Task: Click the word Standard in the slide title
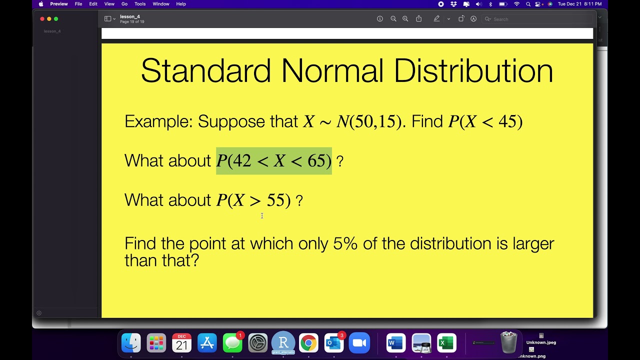pos(205,71)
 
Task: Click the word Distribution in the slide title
pos(473,71)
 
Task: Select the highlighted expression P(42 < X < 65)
pos(274,161)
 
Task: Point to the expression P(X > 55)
pos(253,200)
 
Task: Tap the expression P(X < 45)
pos(485,121)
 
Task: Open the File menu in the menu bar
pos(78,4)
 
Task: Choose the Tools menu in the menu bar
pos(140,4)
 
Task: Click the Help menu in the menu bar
pos(181,4)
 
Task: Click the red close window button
pos(42,19)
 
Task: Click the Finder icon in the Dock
pos(131,343)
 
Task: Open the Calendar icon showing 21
pos(181,343)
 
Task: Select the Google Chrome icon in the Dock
pos(308,343)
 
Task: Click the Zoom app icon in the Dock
pos(359,343)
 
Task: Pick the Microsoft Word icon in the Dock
pos(395,343)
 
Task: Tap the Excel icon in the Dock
pos(446,343)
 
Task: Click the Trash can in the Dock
pos(508,342)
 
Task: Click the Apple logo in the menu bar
pos(41,4)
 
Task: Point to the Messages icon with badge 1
pos(232,343)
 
